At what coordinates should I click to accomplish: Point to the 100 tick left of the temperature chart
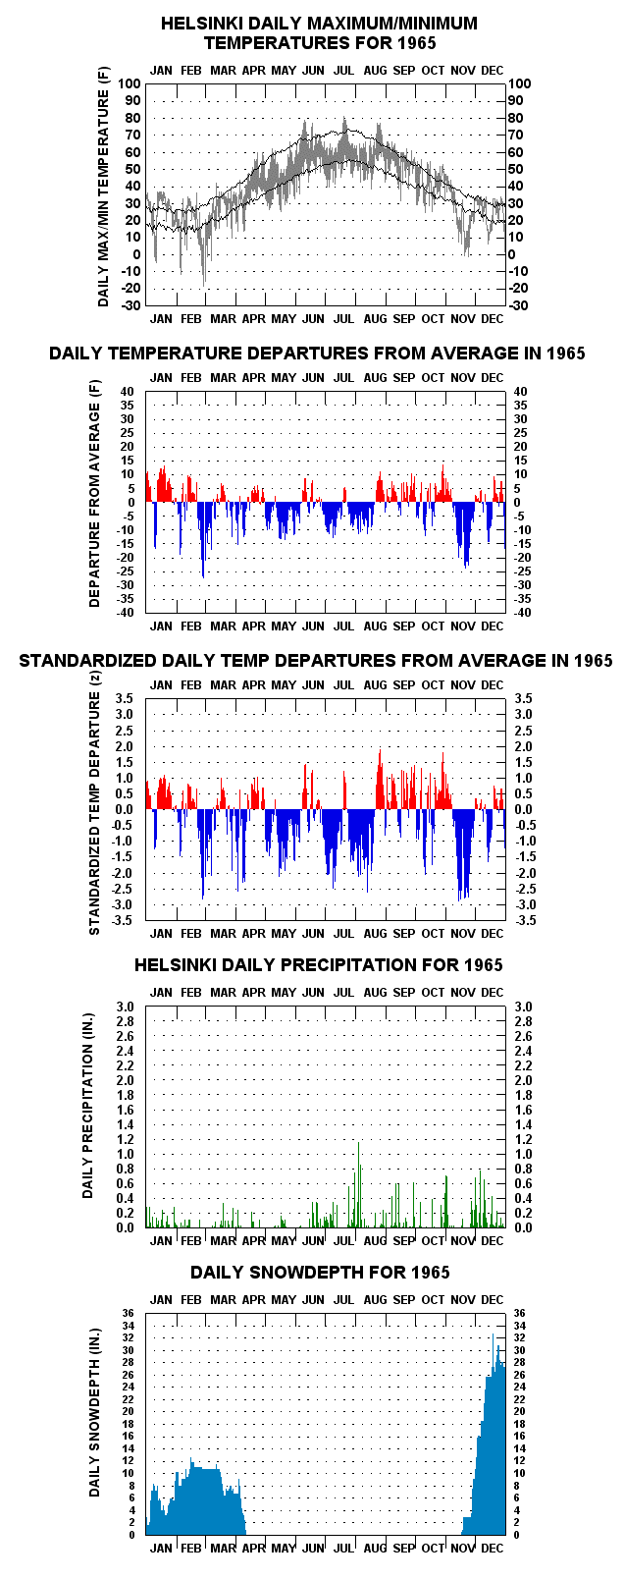tap(129, 83)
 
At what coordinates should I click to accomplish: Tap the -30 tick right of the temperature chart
tap(518, 306)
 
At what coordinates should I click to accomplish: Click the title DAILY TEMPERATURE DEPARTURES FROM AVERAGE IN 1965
tap(317, 354)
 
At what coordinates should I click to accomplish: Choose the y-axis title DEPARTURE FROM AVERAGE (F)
tap(95, 493)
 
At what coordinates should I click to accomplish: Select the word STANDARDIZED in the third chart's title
tap(88, 661)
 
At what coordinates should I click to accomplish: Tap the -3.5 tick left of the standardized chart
tap(124, 921)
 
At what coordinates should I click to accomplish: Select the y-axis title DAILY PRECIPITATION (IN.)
tap(88, 1116)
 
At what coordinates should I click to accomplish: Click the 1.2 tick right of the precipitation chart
tap(523, 1139)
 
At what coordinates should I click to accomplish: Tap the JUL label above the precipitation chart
tap(343, 992)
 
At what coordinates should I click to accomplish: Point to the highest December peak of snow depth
tap(493, 1335)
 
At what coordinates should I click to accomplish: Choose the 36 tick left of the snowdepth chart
tap(129, 1313)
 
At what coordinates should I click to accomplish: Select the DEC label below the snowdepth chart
tap(493, 1548)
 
